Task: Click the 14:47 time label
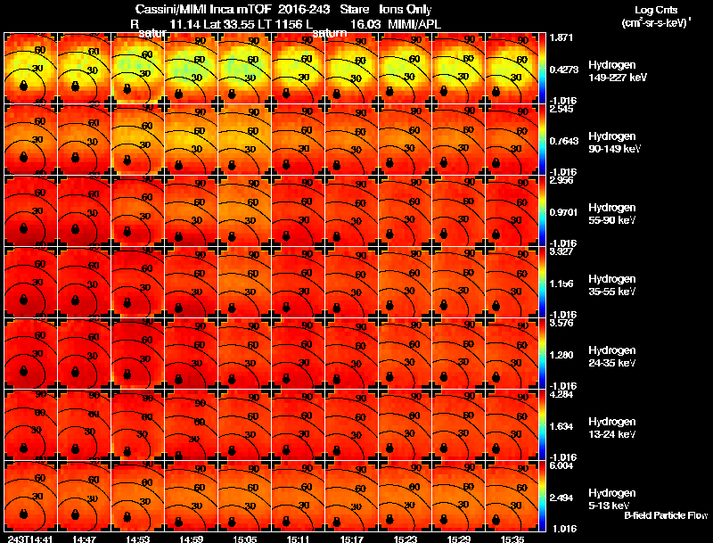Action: [x=85, y=539]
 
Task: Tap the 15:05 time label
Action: [x=245, y=539]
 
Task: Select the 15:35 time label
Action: [x=512, y=539]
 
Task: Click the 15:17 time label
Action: [x=352, y=539]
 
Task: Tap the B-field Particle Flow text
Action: [x=666, y=516]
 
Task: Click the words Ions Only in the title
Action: [x=406, y=10]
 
